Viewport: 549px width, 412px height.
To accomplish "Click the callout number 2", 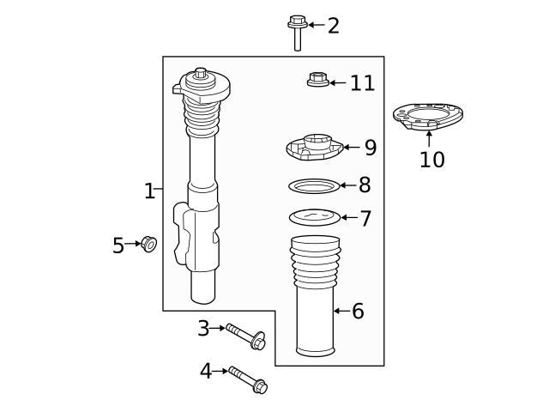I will coord(333,26).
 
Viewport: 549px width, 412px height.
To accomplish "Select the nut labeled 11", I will coord(316,81).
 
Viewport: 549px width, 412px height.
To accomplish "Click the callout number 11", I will coord(362,83).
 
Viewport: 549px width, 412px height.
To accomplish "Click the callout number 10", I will coord(432,160).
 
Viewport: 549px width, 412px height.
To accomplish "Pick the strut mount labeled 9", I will coord(314,148).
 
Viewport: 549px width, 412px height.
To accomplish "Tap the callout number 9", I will coord(370,148).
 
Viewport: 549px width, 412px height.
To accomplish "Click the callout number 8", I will coord(365,185).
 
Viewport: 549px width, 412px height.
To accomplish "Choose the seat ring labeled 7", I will coord(315,216).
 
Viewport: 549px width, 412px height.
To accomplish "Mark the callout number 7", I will coord(365,219).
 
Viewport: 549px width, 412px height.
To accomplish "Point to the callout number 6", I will coord(358,312).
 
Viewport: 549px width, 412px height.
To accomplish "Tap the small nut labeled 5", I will coord(149,244).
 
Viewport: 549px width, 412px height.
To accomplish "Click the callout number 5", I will coord(118,246).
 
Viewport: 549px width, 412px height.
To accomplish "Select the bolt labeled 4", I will coord(248,379).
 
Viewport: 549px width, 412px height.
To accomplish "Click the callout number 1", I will coord(149,191).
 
